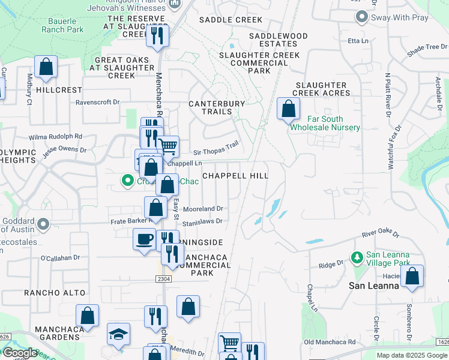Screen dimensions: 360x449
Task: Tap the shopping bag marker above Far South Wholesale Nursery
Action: click(289, 109)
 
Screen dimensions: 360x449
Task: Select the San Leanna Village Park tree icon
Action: click(357, 257)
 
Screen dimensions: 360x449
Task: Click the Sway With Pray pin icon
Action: click(361, 17)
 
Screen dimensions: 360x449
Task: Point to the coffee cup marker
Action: click(144, 239)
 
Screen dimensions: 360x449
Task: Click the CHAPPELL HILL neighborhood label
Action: click(235, 175)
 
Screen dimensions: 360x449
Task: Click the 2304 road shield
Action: click(166, 279)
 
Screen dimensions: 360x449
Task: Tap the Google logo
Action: click(20, 353)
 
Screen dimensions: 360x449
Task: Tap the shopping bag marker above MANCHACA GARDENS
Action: click(88, 316)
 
